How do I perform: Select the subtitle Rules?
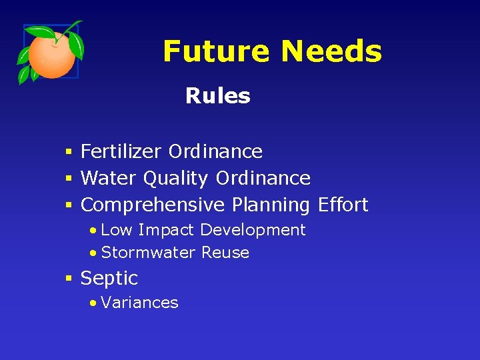tap(217, 96)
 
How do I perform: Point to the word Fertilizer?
tap(121, 151)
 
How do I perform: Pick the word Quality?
tap(176, 179)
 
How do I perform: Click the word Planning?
tap(271, 205)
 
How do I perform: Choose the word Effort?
tap(343, 205)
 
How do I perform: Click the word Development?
tap(253, 231)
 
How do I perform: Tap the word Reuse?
tap(225, 253)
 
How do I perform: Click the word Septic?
tap(109, 278)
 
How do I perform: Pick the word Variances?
tap(140, 303)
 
